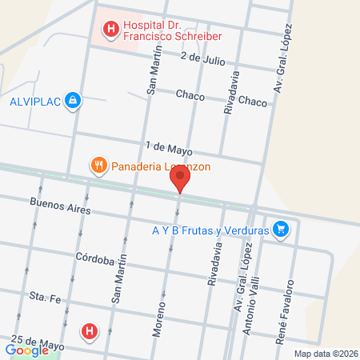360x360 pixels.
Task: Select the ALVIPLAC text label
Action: [34, 101]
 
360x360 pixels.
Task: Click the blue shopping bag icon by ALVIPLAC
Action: [74, 100]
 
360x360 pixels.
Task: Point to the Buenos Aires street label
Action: [60, 206]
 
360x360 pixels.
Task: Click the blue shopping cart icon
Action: [280, 230]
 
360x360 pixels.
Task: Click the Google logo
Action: [26, 350]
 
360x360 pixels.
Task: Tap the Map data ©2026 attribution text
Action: [325, 353]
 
